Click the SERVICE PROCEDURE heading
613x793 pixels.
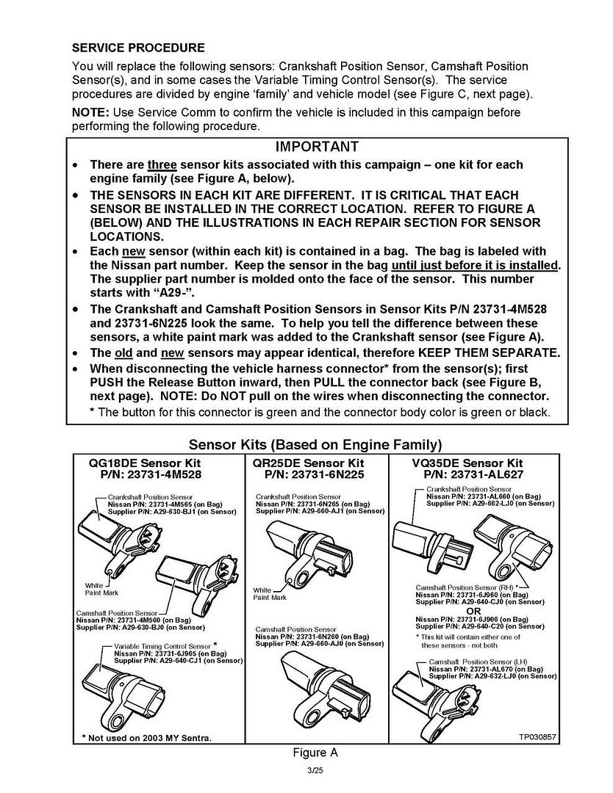coord(138,48)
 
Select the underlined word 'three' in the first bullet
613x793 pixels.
coord(162,165)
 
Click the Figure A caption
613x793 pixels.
coord(314,752)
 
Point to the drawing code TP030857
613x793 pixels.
coord(538,736)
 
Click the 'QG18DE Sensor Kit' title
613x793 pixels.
coord(145,463)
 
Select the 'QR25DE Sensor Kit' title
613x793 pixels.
coord(308,463)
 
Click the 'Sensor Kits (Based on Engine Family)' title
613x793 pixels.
coord(315,444)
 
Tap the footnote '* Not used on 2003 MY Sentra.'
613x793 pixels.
coord(146,737)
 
